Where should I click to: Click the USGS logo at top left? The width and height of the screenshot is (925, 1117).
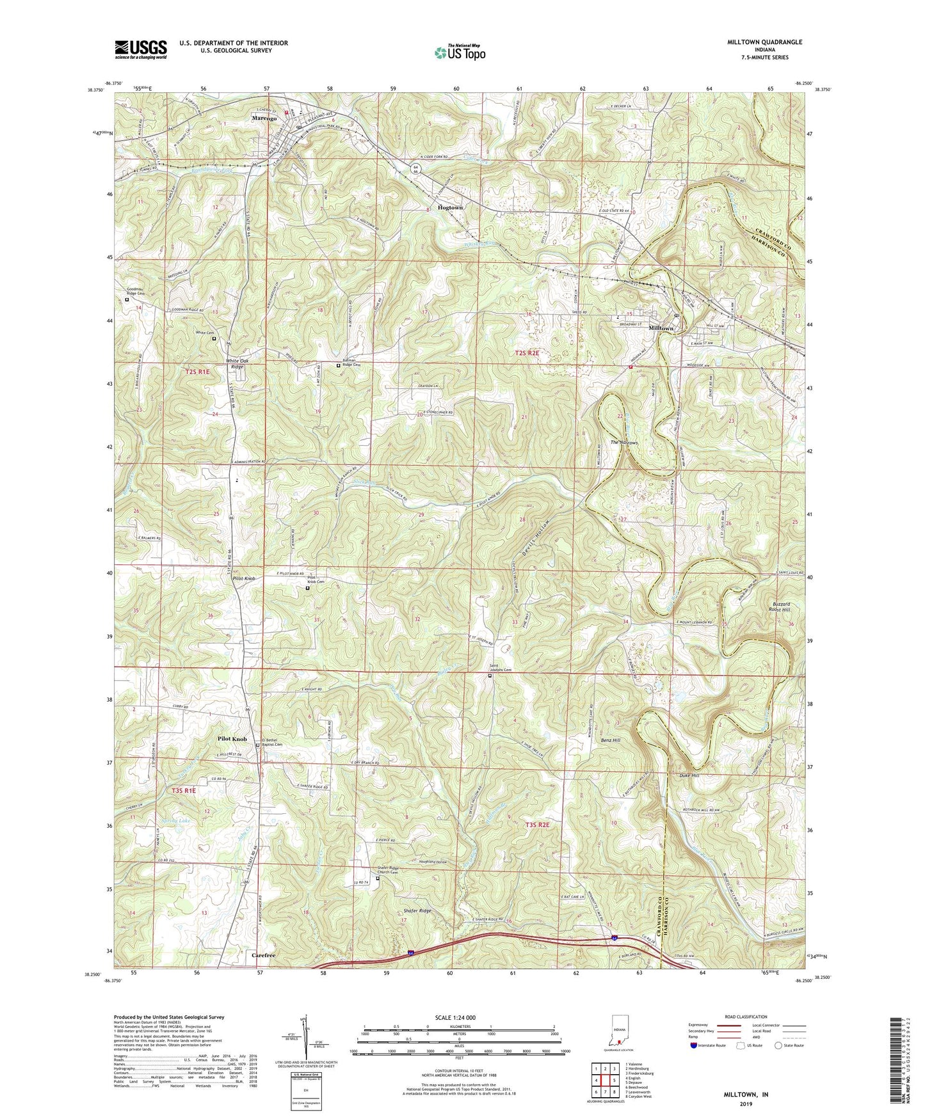140,49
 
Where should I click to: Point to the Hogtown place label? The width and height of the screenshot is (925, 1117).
450,208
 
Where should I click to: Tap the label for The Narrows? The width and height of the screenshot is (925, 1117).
623,442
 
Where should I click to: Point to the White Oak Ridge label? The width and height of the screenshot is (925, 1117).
236,364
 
